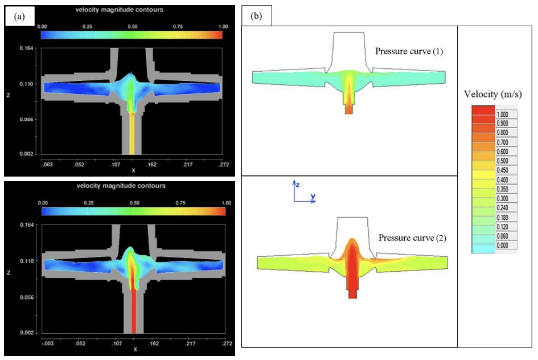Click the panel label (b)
point(257,17)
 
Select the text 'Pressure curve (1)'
point(409,51)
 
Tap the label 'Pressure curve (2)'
point(413,238)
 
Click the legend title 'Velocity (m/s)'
point(492,94)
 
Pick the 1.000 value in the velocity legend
point(506,114)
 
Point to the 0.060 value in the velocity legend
point(506,236)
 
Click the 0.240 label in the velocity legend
point(506,208)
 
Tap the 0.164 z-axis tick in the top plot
point(26,48)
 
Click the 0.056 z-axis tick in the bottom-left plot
point(26,297)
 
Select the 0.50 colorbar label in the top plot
point(132,26)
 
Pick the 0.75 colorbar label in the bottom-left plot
point(181,203)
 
